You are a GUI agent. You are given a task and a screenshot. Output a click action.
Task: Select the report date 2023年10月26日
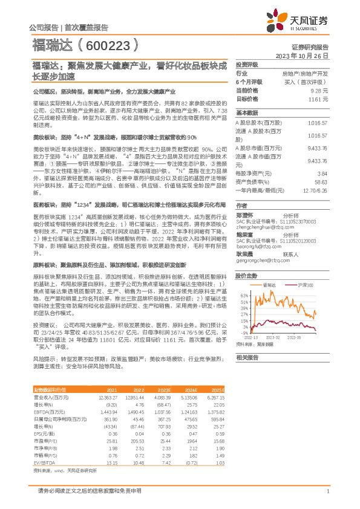[x=302, y=55]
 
